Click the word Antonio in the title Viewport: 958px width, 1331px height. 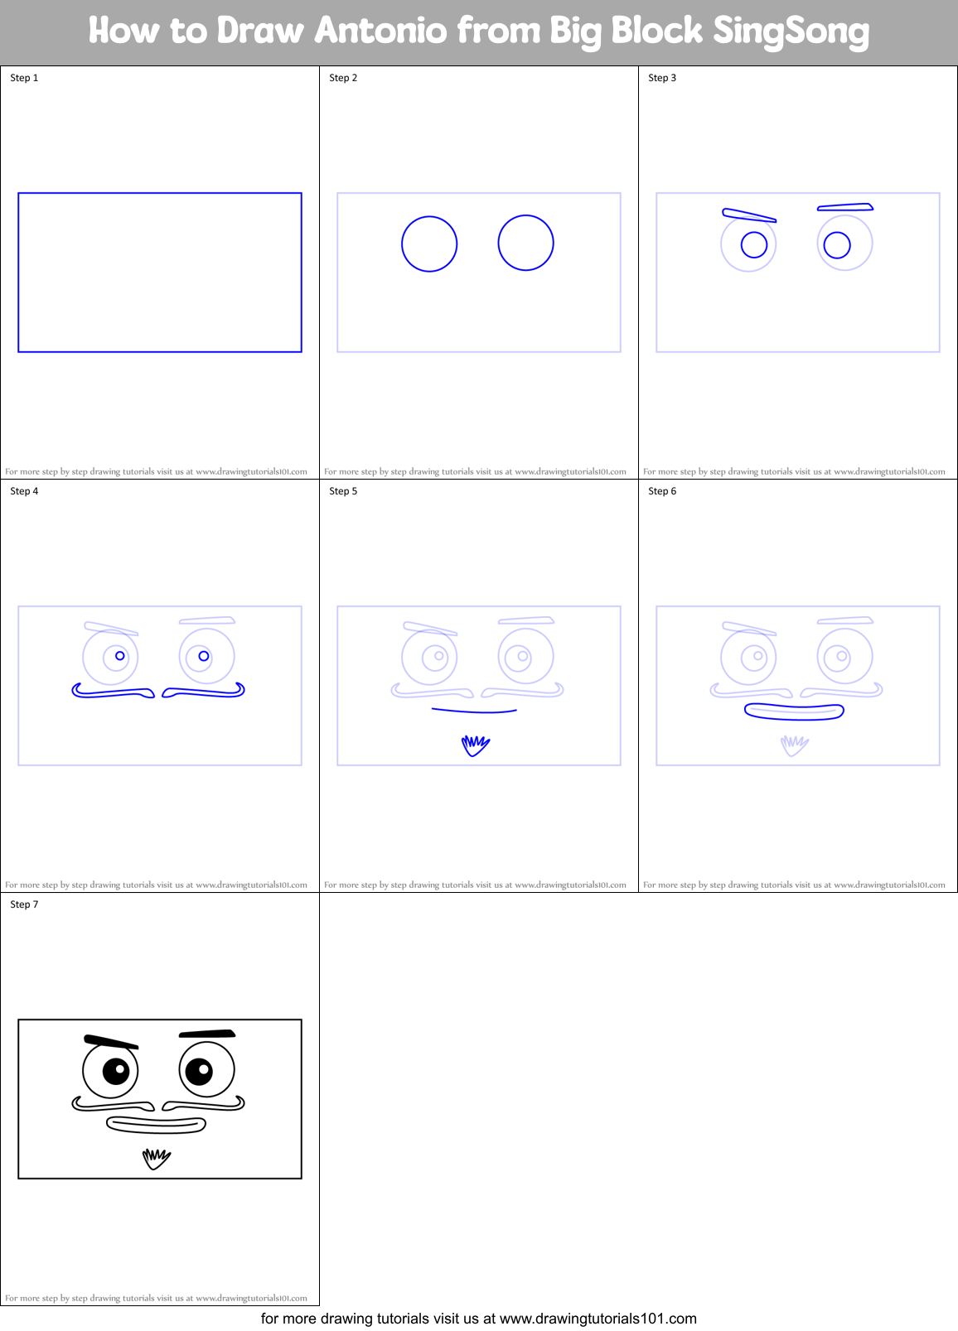pos(380,31)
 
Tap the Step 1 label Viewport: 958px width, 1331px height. pos(24,78)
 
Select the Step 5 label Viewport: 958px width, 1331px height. pos(343,491)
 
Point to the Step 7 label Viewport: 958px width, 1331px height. pos(24,904)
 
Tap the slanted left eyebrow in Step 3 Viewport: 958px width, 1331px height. pos(748,215)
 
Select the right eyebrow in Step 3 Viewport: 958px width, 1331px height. pos(845,207)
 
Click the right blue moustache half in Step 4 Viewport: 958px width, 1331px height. pos(204,692)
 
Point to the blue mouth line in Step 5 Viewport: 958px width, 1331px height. pos(474,711)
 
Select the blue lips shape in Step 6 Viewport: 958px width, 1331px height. pos(794,711)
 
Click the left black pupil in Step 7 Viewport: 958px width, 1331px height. pos(116,1071)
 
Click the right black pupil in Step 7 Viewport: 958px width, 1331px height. pos(199,1071)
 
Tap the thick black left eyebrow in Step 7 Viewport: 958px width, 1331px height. pos(110,1041)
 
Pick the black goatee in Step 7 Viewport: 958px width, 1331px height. pos(156,1158)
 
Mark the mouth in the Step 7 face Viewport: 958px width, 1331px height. pos(156,1125)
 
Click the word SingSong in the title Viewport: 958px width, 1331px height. pos(790,31)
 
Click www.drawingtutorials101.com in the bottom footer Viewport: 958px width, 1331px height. pos(598,1319)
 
